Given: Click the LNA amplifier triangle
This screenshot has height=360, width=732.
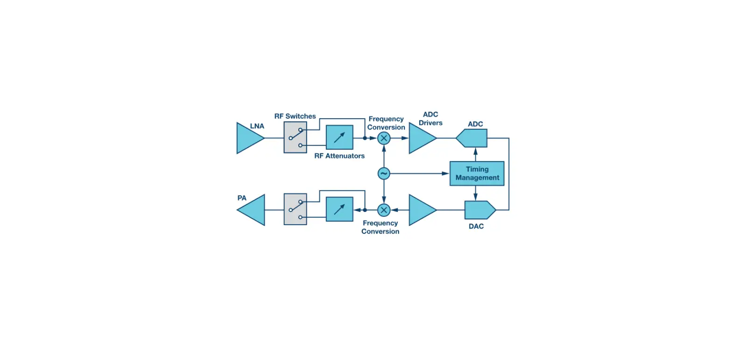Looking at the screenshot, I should coord(247,138).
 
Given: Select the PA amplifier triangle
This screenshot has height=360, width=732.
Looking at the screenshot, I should coord(253,210).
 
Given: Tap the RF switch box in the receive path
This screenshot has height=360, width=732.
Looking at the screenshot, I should coord(295,137).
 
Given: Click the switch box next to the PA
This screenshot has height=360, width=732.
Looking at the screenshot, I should coord(295,209).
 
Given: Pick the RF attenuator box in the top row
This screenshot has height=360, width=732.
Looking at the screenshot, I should coord(339,137).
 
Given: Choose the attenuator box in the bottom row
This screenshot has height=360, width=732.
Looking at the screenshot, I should coord(339,209).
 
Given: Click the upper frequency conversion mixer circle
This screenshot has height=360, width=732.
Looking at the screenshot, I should coord(384,138).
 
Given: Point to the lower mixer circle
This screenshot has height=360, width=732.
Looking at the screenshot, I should coord(384,210).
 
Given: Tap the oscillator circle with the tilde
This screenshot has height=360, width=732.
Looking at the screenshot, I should coord(384,174).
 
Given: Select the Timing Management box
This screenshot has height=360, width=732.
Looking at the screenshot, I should coord(477,174).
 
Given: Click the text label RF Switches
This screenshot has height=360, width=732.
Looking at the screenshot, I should coord(295,116).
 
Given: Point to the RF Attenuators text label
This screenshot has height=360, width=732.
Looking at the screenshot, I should coord(339,156).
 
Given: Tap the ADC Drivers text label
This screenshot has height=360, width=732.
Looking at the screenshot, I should coord(430,119).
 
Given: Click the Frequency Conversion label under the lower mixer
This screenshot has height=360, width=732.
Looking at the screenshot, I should coord(380,227).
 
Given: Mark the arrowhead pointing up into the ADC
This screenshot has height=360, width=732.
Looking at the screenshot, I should coord(475,150).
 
